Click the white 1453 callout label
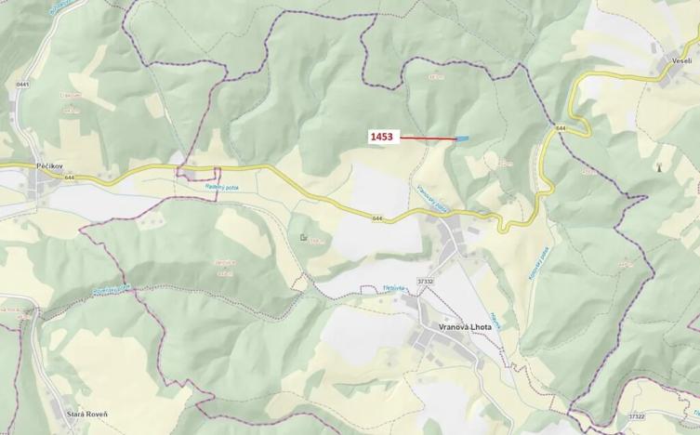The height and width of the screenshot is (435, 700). coord(382,137)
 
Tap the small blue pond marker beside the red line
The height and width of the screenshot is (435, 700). coord(462,139)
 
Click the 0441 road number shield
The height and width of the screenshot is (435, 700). coord(22,85)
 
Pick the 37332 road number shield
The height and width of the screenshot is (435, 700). coord(427,281)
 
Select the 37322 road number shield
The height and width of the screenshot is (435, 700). coord(635,416)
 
